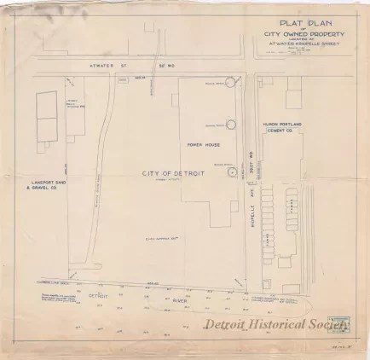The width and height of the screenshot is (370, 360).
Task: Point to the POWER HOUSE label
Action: pyautogui.click(x=205, y=144)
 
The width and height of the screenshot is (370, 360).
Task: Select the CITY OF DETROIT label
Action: pyautogui.click(x=167, y=173)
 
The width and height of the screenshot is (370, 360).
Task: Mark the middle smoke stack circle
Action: pyautogui.click(x=229, y=125)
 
